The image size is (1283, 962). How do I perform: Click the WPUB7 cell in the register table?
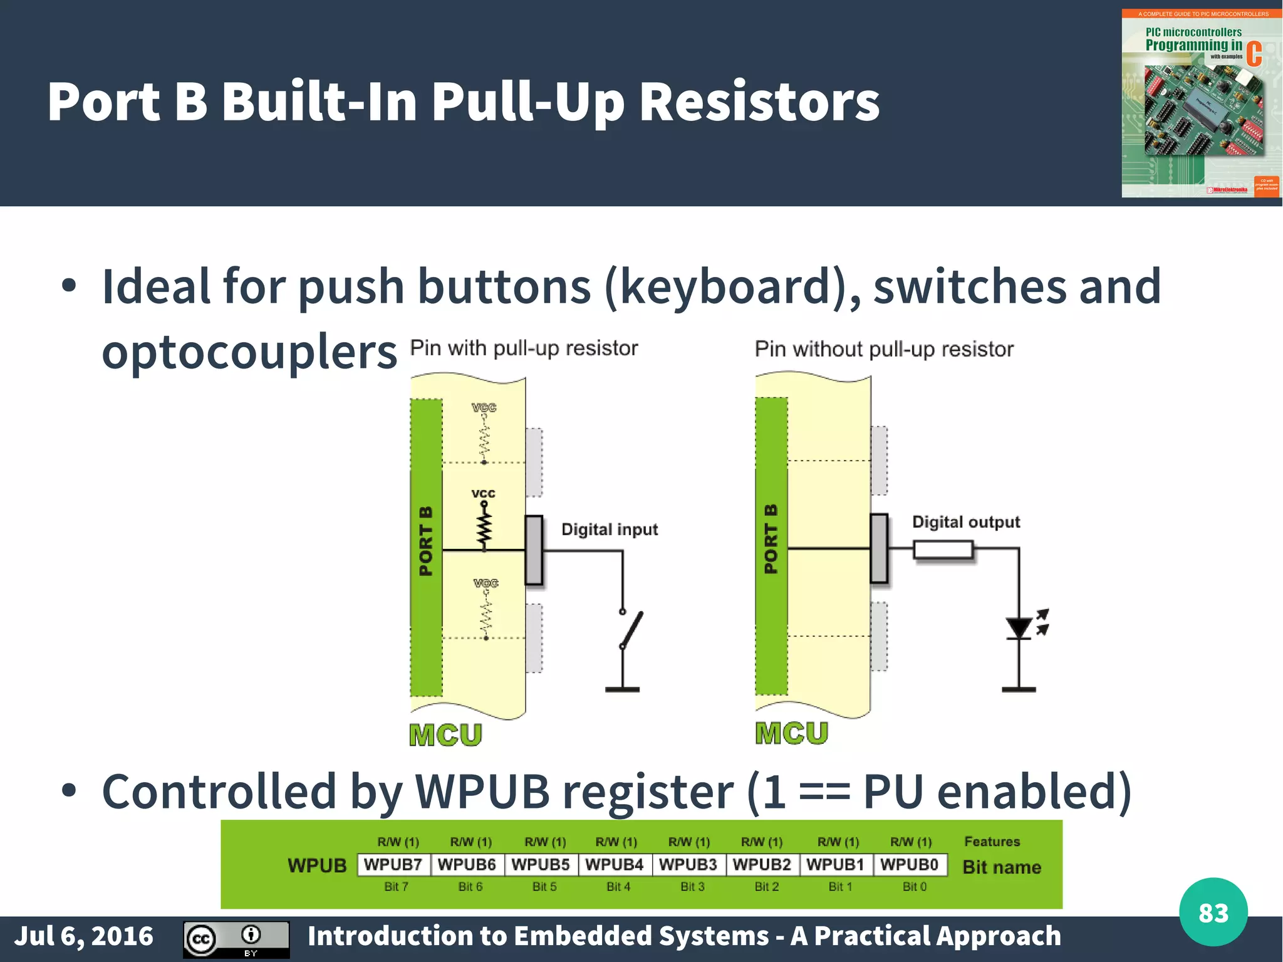pos(393,865)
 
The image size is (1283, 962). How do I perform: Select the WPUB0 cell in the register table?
pos(909,865)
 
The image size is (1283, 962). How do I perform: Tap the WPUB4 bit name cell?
pos(615,865)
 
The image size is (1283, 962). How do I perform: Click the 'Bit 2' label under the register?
pos(766,887)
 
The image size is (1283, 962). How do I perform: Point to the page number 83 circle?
pos(1213,912)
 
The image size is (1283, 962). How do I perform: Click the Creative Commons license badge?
pos(236,939)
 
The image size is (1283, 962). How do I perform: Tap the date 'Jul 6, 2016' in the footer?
pos(84,936)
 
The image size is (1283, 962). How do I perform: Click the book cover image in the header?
pos(1200,103)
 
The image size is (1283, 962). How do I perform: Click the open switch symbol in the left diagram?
pos(630,630)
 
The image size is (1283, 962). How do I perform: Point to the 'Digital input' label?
pos(609,530)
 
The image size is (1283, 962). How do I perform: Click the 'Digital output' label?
pos(965,522)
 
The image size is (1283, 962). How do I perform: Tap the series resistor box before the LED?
pos(943,550)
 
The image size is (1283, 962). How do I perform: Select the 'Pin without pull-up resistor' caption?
pos(883,349)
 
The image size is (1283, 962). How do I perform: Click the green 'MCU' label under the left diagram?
pos(445,735)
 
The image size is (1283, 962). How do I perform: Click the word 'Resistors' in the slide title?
pos(759,102)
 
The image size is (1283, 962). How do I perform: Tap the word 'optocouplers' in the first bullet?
pos(249,352)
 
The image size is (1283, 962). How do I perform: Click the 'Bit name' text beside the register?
pos(1001,867)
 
